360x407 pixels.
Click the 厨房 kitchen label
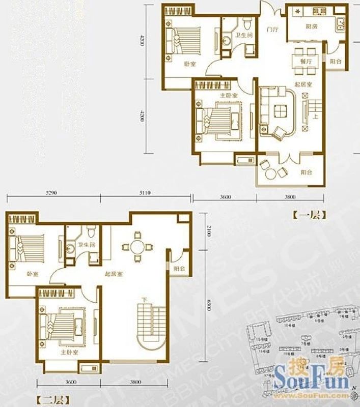[304, 26]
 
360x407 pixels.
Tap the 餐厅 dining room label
[306, 60]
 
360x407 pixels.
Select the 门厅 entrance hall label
[273, 30]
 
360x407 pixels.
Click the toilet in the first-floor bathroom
[248, 23]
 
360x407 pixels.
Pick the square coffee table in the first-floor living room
[279, 111]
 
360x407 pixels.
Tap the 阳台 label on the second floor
[178, 268]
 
